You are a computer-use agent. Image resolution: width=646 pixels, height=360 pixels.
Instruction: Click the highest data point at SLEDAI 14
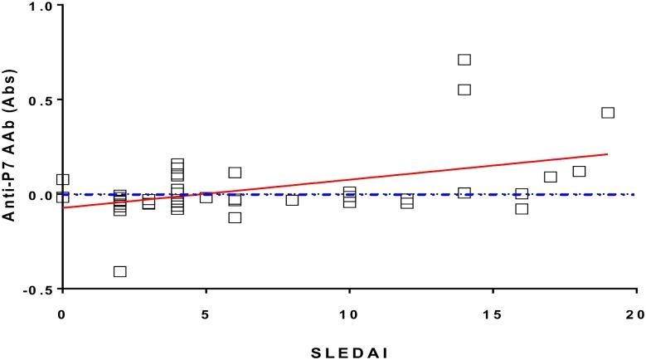[464, 60]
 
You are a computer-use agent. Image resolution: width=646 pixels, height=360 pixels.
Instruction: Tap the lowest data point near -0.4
[119, 271]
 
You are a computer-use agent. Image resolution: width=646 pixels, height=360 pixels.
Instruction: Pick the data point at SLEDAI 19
[608, 113]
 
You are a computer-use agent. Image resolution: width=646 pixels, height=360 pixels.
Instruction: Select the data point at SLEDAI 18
[579, 172]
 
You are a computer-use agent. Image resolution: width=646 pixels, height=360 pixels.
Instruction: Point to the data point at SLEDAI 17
[551, 177]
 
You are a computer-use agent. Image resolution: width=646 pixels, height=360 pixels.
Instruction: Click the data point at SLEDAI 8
[292, 200]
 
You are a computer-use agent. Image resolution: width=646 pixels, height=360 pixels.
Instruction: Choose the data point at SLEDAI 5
[206, 197]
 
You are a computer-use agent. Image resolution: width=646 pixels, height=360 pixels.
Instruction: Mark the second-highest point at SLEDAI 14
[464, 90]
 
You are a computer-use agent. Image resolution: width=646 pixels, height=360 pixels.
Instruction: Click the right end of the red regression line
[608, 153]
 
